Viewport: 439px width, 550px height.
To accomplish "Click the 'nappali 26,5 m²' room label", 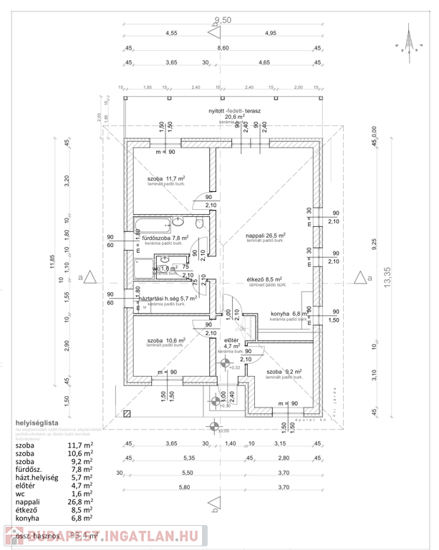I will coord(265,235).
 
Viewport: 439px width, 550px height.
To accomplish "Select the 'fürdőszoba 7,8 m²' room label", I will coord(165,238).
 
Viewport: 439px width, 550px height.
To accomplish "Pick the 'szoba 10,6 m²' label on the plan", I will coord(166,340).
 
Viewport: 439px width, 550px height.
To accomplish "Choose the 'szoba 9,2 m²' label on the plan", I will coord(284,372).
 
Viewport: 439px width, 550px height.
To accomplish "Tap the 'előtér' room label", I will coord(231,340).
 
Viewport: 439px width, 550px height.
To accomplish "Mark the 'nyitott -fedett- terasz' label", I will coord(233,112).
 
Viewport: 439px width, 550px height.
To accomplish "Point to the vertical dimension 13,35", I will coord(388,276).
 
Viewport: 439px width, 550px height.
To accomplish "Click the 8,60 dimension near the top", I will coord(223,48).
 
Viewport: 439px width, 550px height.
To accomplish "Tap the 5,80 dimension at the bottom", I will coord(169,487).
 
